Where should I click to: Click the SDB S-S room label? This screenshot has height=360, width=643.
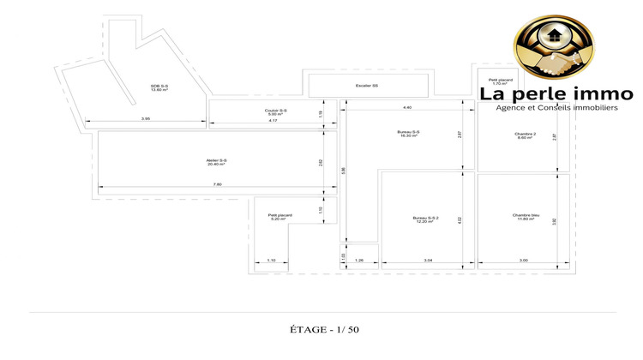[x=159, y=88]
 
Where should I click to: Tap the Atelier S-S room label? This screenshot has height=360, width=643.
[x=217, y=163]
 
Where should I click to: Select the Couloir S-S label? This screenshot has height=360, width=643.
[x=276, y=112]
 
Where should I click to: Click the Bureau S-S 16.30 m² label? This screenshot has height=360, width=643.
[x=408, y=134]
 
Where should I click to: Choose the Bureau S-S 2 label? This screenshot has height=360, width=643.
[x=425, y=220]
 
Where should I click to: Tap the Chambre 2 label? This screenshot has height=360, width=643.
[x=525, y=135]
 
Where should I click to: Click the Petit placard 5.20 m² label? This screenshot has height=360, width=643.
[x=280, y=218]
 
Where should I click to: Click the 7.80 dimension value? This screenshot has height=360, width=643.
[x=217, y=185]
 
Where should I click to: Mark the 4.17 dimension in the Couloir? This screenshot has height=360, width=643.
[x=272, y=121]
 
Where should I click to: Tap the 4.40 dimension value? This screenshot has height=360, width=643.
[x=407, y=107]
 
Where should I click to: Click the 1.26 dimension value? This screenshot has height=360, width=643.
[x=359, y=261]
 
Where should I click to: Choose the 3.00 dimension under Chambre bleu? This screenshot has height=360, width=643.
[x=523, y=261]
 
